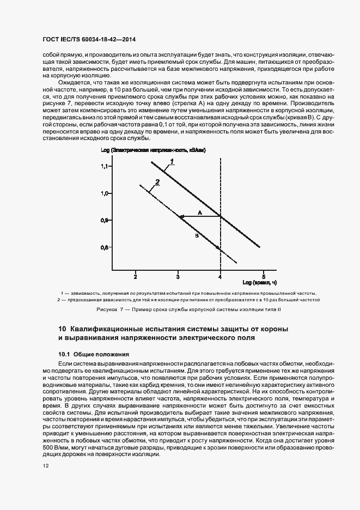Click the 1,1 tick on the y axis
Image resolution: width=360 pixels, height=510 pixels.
105,166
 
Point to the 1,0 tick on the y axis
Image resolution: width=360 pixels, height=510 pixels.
105,193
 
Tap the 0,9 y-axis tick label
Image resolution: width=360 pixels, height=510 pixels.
105,220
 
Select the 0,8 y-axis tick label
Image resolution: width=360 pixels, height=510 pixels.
105,247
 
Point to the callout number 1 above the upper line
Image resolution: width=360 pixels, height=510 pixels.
171,161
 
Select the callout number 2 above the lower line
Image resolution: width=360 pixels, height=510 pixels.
157,183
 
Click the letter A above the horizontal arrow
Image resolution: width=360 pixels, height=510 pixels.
200,212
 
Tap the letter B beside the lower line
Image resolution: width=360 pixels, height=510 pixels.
196,236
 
